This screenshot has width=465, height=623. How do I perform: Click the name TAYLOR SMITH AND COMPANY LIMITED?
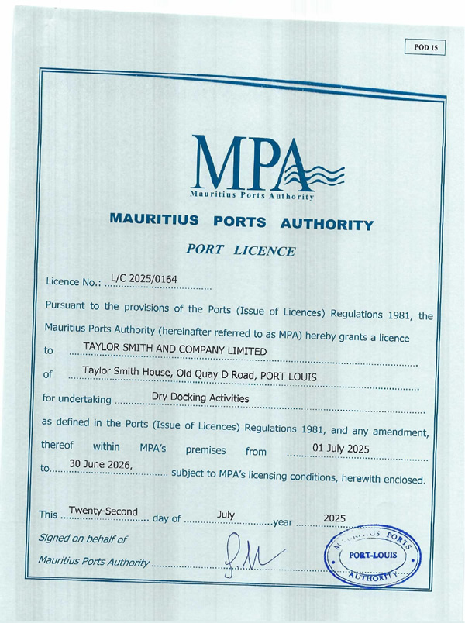click(174, 351)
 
